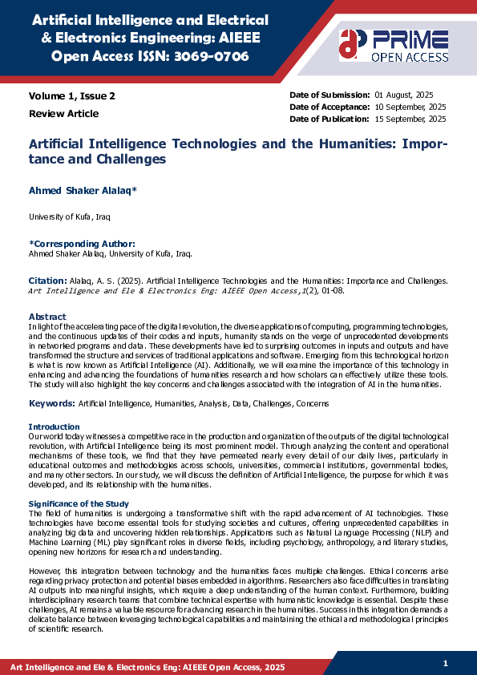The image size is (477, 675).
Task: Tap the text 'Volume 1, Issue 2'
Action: click(72, 95)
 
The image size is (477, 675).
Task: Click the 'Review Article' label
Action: click(64, 113)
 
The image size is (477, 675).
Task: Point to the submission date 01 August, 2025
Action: click(410, 95)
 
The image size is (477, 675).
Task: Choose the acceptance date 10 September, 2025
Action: click(411, 107)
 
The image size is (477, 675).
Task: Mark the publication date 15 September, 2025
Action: click(411, 119)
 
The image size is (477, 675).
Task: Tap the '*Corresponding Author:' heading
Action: click(82, 243)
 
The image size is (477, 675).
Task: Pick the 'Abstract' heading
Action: click(47, 317)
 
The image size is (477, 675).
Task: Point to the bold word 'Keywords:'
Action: click(52, 402)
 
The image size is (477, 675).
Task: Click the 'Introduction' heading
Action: click(55, 426)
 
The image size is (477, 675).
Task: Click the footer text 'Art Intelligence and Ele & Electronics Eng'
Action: click(96, 667)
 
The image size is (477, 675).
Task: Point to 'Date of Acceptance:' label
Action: click(329, 107)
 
